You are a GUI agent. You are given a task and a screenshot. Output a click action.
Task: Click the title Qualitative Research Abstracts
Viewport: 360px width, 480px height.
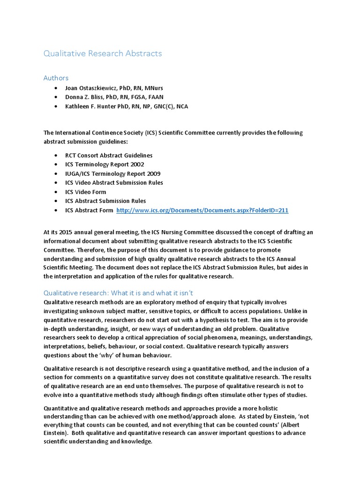tap(102, 53)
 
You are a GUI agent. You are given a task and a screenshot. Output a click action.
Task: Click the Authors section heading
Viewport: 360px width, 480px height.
tap(56, 78)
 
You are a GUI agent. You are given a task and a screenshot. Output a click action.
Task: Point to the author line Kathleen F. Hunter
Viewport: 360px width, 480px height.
tap(127, 106)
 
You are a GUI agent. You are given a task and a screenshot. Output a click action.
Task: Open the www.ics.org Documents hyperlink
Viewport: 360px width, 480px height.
tap(202, 210)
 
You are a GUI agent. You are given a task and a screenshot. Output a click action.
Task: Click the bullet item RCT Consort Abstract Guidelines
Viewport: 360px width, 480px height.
tap(109, 155)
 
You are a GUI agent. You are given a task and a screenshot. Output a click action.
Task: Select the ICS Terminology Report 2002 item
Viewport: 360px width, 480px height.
tap(105, 165)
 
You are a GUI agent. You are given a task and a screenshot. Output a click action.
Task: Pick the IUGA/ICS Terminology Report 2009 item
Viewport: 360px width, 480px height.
tap(112, 173)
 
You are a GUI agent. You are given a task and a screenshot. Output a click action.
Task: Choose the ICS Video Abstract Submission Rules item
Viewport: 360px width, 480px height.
tap(114, 183)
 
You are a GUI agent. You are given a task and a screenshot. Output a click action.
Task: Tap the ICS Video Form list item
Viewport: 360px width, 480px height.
tap(86, 192)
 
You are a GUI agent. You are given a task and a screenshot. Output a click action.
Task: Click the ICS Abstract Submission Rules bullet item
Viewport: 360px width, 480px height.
tap(105, 201)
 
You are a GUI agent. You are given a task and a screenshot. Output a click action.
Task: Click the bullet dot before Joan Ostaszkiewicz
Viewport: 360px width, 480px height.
tap(56, 88)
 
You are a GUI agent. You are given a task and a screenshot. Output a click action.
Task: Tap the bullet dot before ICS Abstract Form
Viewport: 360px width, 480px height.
tap(56, 210)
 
